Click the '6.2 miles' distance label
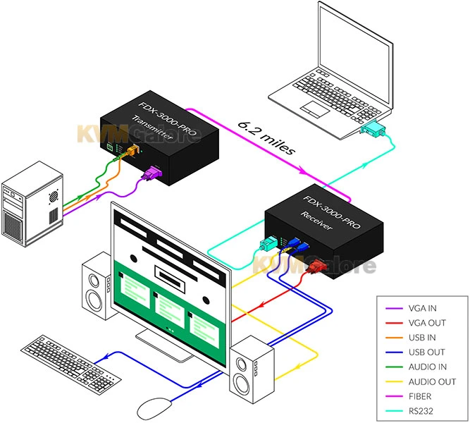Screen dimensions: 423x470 pos(266,137)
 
